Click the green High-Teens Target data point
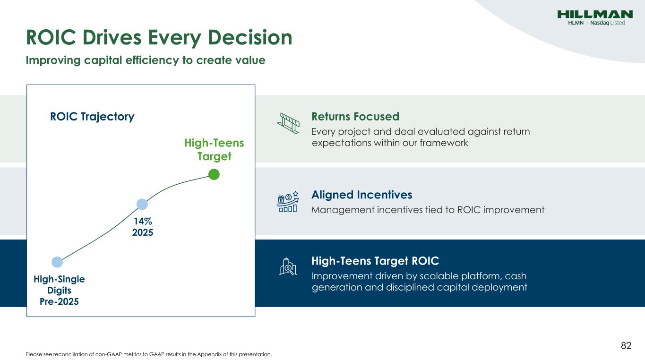tap(214, 174)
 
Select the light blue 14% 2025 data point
tap(142, 204)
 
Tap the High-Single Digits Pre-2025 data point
tap(57, 262)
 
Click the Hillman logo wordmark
tap(595, 14)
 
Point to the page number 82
tap(626, 345)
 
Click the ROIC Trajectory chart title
tap(92, 117)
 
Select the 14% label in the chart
tap(143, 221)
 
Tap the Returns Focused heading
tap(355, 116)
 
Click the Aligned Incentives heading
tap(361, 195)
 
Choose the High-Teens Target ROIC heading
tap(375, 261)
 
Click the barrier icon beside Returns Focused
tap(288, 123)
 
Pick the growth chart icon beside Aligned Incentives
tap(288, 202)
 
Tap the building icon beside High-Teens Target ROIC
tap(288, 266)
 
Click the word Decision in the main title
tap(250, 37)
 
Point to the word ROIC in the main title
tap(51, 37)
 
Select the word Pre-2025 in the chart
tap(60, 301)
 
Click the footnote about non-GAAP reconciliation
tap(148, 354)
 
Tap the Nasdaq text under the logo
tap(600, 23)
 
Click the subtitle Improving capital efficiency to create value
tap(146, 60)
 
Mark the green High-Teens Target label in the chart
tap(214, 149)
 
